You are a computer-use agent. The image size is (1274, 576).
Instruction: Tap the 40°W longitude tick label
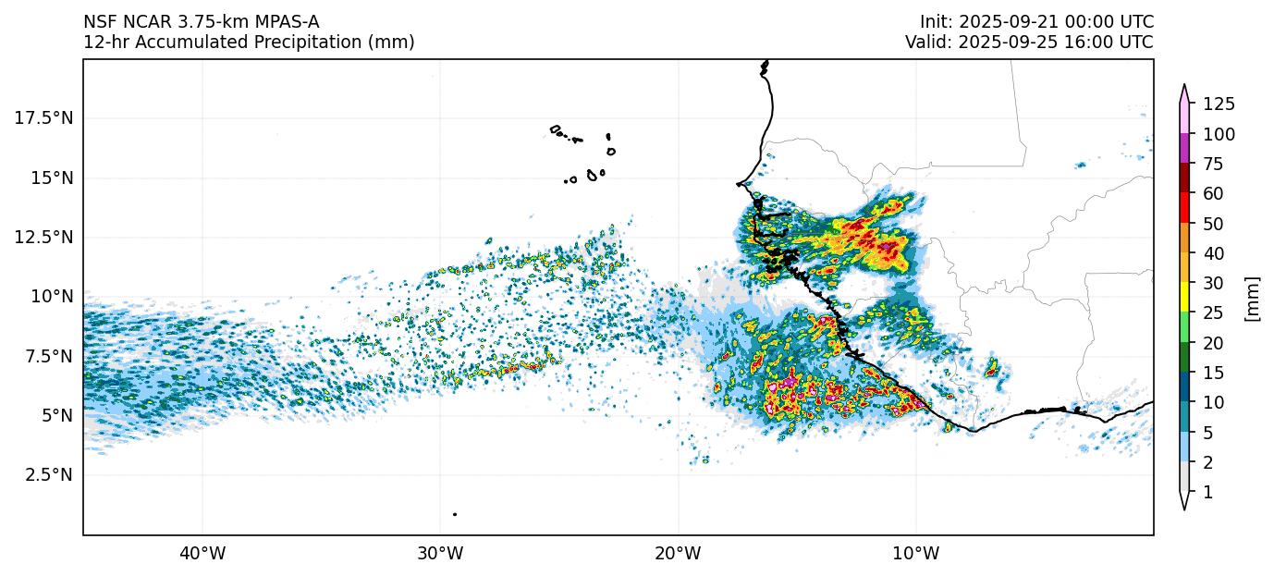point(202,554)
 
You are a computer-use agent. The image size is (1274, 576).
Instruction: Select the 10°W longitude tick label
point(916,554)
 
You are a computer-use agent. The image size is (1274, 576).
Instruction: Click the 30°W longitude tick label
point(440,554)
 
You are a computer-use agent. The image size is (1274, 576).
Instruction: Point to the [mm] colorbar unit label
point(1253,299)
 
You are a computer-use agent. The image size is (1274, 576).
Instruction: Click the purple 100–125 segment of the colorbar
point(1184,149)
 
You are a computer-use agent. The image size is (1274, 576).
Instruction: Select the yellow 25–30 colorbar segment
point(1184,299)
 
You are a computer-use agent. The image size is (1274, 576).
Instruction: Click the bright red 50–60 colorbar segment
point(1184,209)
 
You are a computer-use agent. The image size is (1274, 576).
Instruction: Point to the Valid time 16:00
point(1095,43)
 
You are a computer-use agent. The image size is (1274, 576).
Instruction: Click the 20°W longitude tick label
point(678,554)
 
